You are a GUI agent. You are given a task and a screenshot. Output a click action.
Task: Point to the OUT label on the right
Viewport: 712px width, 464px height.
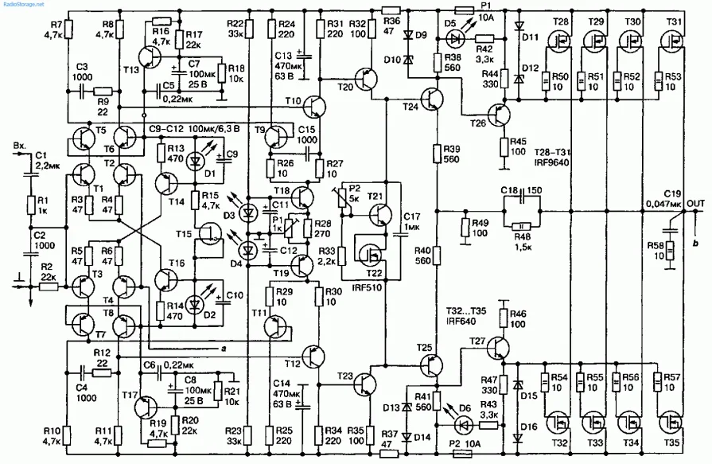(x=695, y=203)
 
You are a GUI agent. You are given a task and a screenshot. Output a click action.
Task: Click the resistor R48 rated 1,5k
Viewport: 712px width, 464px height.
(x=522, y=226)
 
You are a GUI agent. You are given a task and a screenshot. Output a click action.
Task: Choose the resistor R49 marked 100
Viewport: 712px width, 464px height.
(x=465, y=228)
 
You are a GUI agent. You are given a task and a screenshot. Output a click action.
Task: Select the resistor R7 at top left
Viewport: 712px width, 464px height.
(x=68, y=30)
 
